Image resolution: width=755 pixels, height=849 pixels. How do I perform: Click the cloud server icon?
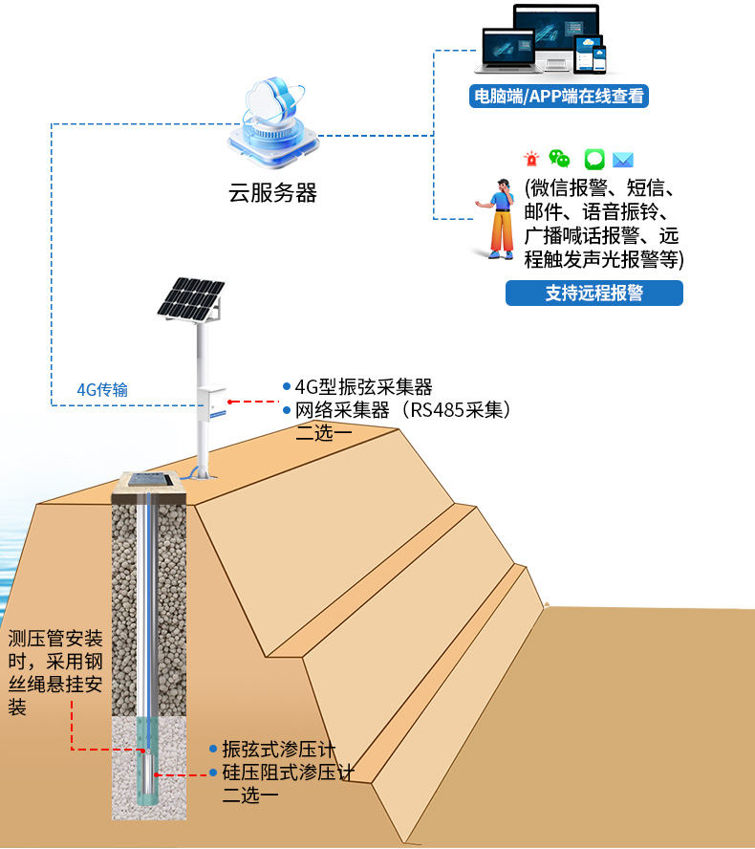[x=271, y=121]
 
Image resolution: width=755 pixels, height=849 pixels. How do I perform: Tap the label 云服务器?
[x=272, y=192]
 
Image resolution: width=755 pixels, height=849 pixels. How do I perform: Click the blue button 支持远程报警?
[x=593, y=294]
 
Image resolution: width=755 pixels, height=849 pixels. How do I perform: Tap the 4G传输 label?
[x=102, y=389]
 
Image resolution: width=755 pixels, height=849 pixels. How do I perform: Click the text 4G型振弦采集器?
[x=363, y=386]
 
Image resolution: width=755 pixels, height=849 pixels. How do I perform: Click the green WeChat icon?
[x=560, y=160]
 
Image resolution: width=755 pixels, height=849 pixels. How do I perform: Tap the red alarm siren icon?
[x=530, y=160]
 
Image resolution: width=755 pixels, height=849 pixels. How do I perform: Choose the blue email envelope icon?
[x=624, y=160]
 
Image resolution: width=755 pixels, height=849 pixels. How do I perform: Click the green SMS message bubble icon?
[x=594, y=160]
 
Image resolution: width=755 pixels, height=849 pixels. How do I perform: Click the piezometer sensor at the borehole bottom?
[x=149, y=774]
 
